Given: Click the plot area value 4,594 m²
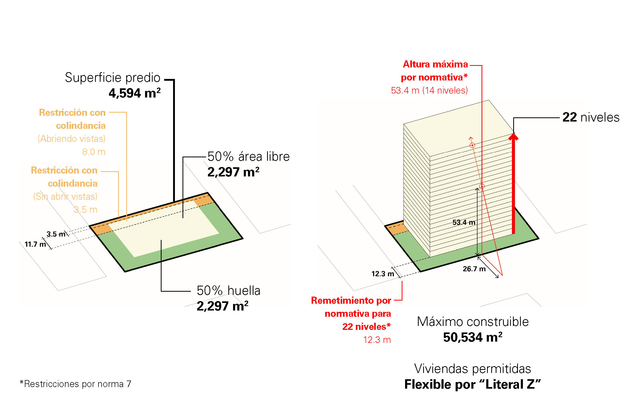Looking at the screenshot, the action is [x=134, y=93].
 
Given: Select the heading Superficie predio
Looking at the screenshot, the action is [x=113, y=78].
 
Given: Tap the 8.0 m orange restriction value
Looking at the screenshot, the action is [x=94, y=152].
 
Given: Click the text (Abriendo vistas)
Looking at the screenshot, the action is [x=71, y=139].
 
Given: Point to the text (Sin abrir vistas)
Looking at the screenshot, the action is [x=65, y=197].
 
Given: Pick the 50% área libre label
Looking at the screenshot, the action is [x=248, y=157].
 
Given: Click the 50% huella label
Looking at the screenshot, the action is [x=228, y=291].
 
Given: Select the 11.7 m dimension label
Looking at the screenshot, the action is [x=35, y=244].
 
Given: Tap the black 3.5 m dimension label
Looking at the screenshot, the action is [x=56, y=234].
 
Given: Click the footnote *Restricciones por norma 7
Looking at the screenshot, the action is [x=75, y=384].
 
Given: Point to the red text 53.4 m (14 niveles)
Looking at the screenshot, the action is [x=429, y=90].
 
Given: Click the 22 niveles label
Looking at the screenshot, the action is [x=591, y=117].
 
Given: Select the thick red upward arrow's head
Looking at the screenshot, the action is [x=513, y=137].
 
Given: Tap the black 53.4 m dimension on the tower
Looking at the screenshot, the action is [x=464, y=222].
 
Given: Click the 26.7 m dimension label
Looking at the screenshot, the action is [x=474, y=269].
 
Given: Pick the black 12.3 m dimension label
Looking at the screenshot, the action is [x=383, y=274].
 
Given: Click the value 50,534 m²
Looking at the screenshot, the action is [x=473, y=337].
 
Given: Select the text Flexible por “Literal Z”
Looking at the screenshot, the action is [x=473, y=384].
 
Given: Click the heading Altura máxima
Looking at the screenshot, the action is [x=435, y=64].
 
